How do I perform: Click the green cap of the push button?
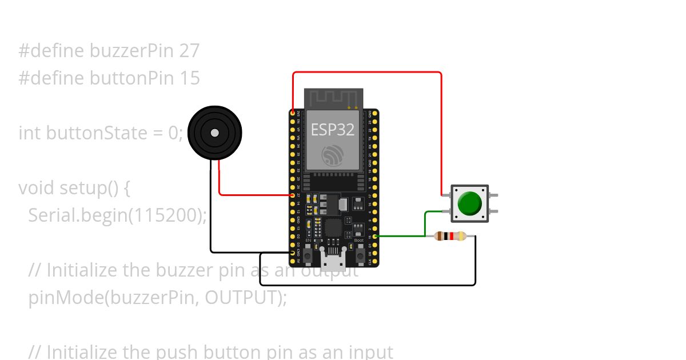(470, 203)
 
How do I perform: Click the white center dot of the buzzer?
(214, 133)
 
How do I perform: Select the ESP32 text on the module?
(333, 130)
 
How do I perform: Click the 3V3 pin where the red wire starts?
(293, 114)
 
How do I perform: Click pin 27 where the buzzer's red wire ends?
(293, 195)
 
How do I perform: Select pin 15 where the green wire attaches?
(376, 236)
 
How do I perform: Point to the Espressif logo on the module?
(333, 155)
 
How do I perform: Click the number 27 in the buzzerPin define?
(189, 51)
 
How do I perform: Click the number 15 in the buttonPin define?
(190, 78)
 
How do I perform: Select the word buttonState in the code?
(101, 133)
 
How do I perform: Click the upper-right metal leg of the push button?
(493, 195)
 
